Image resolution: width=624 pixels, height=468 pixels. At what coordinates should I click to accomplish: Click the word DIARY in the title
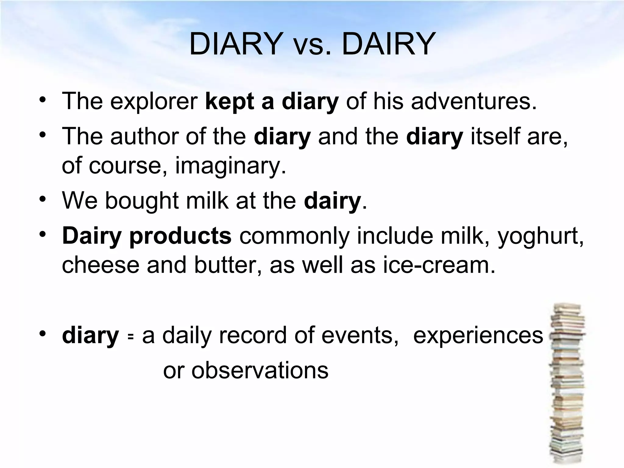pyautogui.click(x=235, y=45)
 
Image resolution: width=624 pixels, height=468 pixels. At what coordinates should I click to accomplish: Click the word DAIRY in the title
pyautogui.click(x=389, y=45)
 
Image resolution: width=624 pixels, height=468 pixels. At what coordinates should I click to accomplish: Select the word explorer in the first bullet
pyautogui.click(x=154, y=101)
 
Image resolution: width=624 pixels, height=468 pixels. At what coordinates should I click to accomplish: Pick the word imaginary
pyautogui.click(x=231, y=166)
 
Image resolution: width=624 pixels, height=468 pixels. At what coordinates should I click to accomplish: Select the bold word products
pyautogui.click(x=180, y=237)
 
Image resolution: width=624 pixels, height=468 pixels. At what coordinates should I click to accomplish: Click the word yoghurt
pyautogui.click(x=541, y=237)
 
